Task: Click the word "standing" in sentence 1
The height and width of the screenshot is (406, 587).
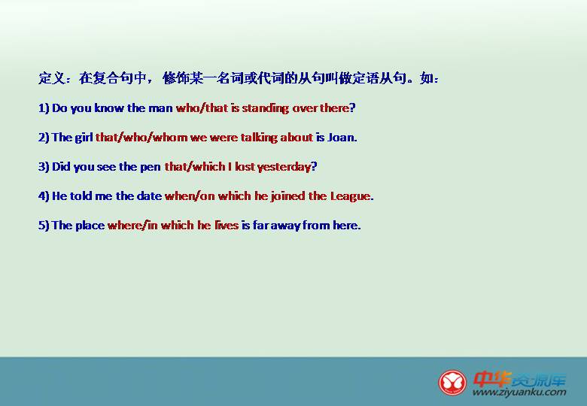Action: [266, 108]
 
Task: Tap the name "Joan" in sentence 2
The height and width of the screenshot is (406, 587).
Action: [340, 137]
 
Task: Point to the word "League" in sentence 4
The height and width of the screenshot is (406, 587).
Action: [350, 196]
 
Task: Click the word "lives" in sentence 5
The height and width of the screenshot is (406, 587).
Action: [227, 225]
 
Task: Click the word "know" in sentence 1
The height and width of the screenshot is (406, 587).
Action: [109, 108]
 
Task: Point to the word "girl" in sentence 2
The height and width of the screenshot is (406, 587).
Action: [84, 138]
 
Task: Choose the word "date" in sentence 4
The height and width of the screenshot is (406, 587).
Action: [149, 196]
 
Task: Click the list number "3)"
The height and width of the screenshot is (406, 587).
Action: [44, 167]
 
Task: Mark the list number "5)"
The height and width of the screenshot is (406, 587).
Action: [44, 225]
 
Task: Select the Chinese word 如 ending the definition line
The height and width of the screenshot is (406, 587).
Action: [427, 78]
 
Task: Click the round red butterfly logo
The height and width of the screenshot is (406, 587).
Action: [452, 383]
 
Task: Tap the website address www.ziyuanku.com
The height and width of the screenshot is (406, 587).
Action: [519, 392]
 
